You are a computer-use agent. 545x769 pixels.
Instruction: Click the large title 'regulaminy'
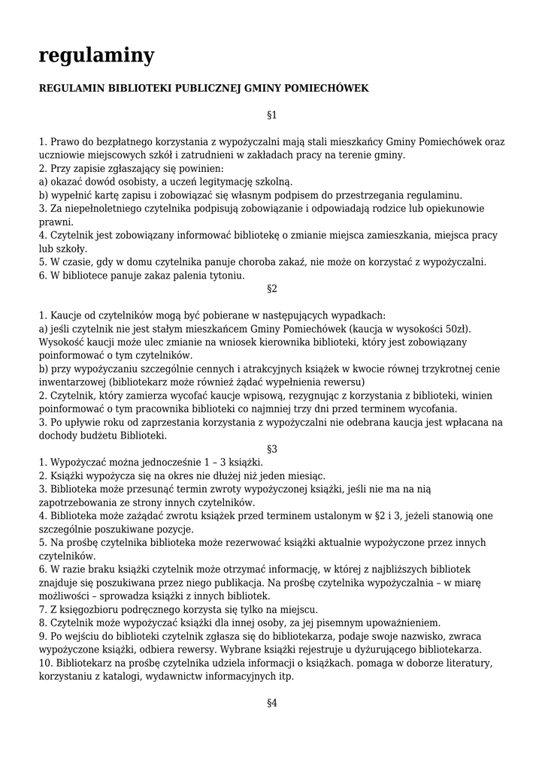(x=96, y=55)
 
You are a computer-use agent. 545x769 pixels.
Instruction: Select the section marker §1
(x=272, y=115)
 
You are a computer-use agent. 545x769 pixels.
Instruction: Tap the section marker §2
(x=272, y=288)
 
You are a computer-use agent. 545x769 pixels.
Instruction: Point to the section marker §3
(x=272, y=448)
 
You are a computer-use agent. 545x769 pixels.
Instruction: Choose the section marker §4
(x=272, y=703)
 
